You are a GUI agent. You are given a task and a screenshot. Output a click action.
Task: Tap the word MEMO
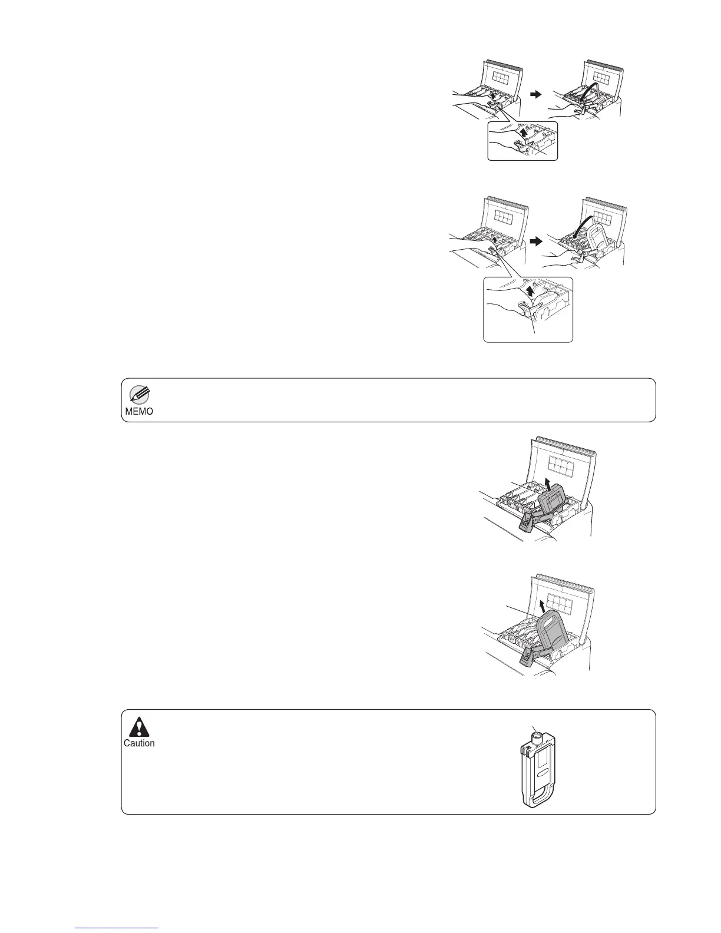click(139, 412)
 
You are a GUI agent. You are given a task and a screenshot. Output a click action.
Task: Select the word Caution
click(139, 743)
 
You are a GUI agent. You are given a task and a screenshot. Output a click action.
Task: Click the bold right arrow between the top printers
click(535, 95)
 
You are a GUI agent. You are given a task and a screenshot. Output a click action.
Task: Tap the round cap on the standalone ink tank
click(537, 735)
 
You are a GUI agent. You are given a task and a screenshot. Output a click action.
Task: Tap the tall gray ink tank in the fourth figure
click(556, 633)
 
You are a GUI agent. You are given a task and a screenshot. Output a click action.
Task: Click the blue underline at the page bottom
click(118, 928)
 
